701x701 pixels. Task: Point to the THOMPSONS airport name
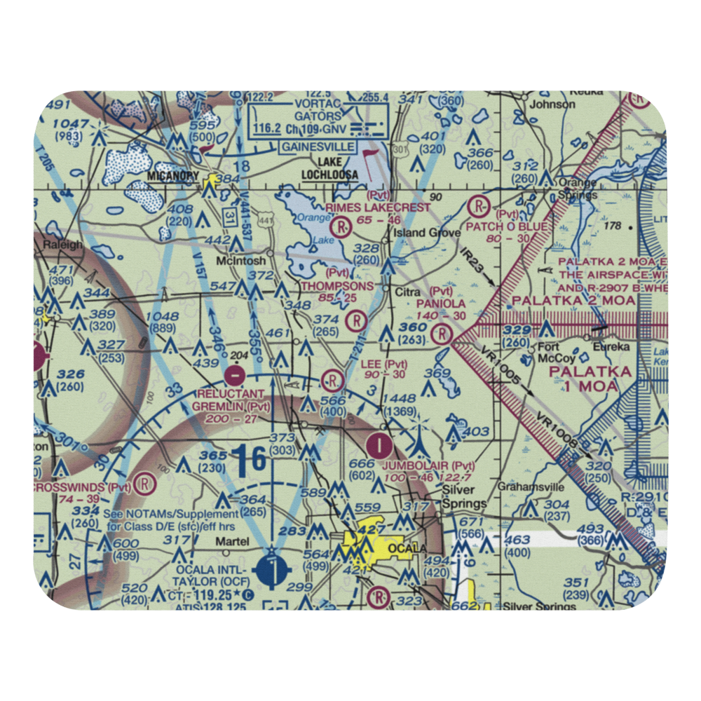point(337,286)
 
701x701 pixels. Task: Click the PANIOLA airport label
point(440,304)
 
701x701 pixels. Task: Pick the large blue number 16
point(250,460)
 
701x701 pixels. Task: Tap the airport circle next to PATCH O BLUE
point(479,207)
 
